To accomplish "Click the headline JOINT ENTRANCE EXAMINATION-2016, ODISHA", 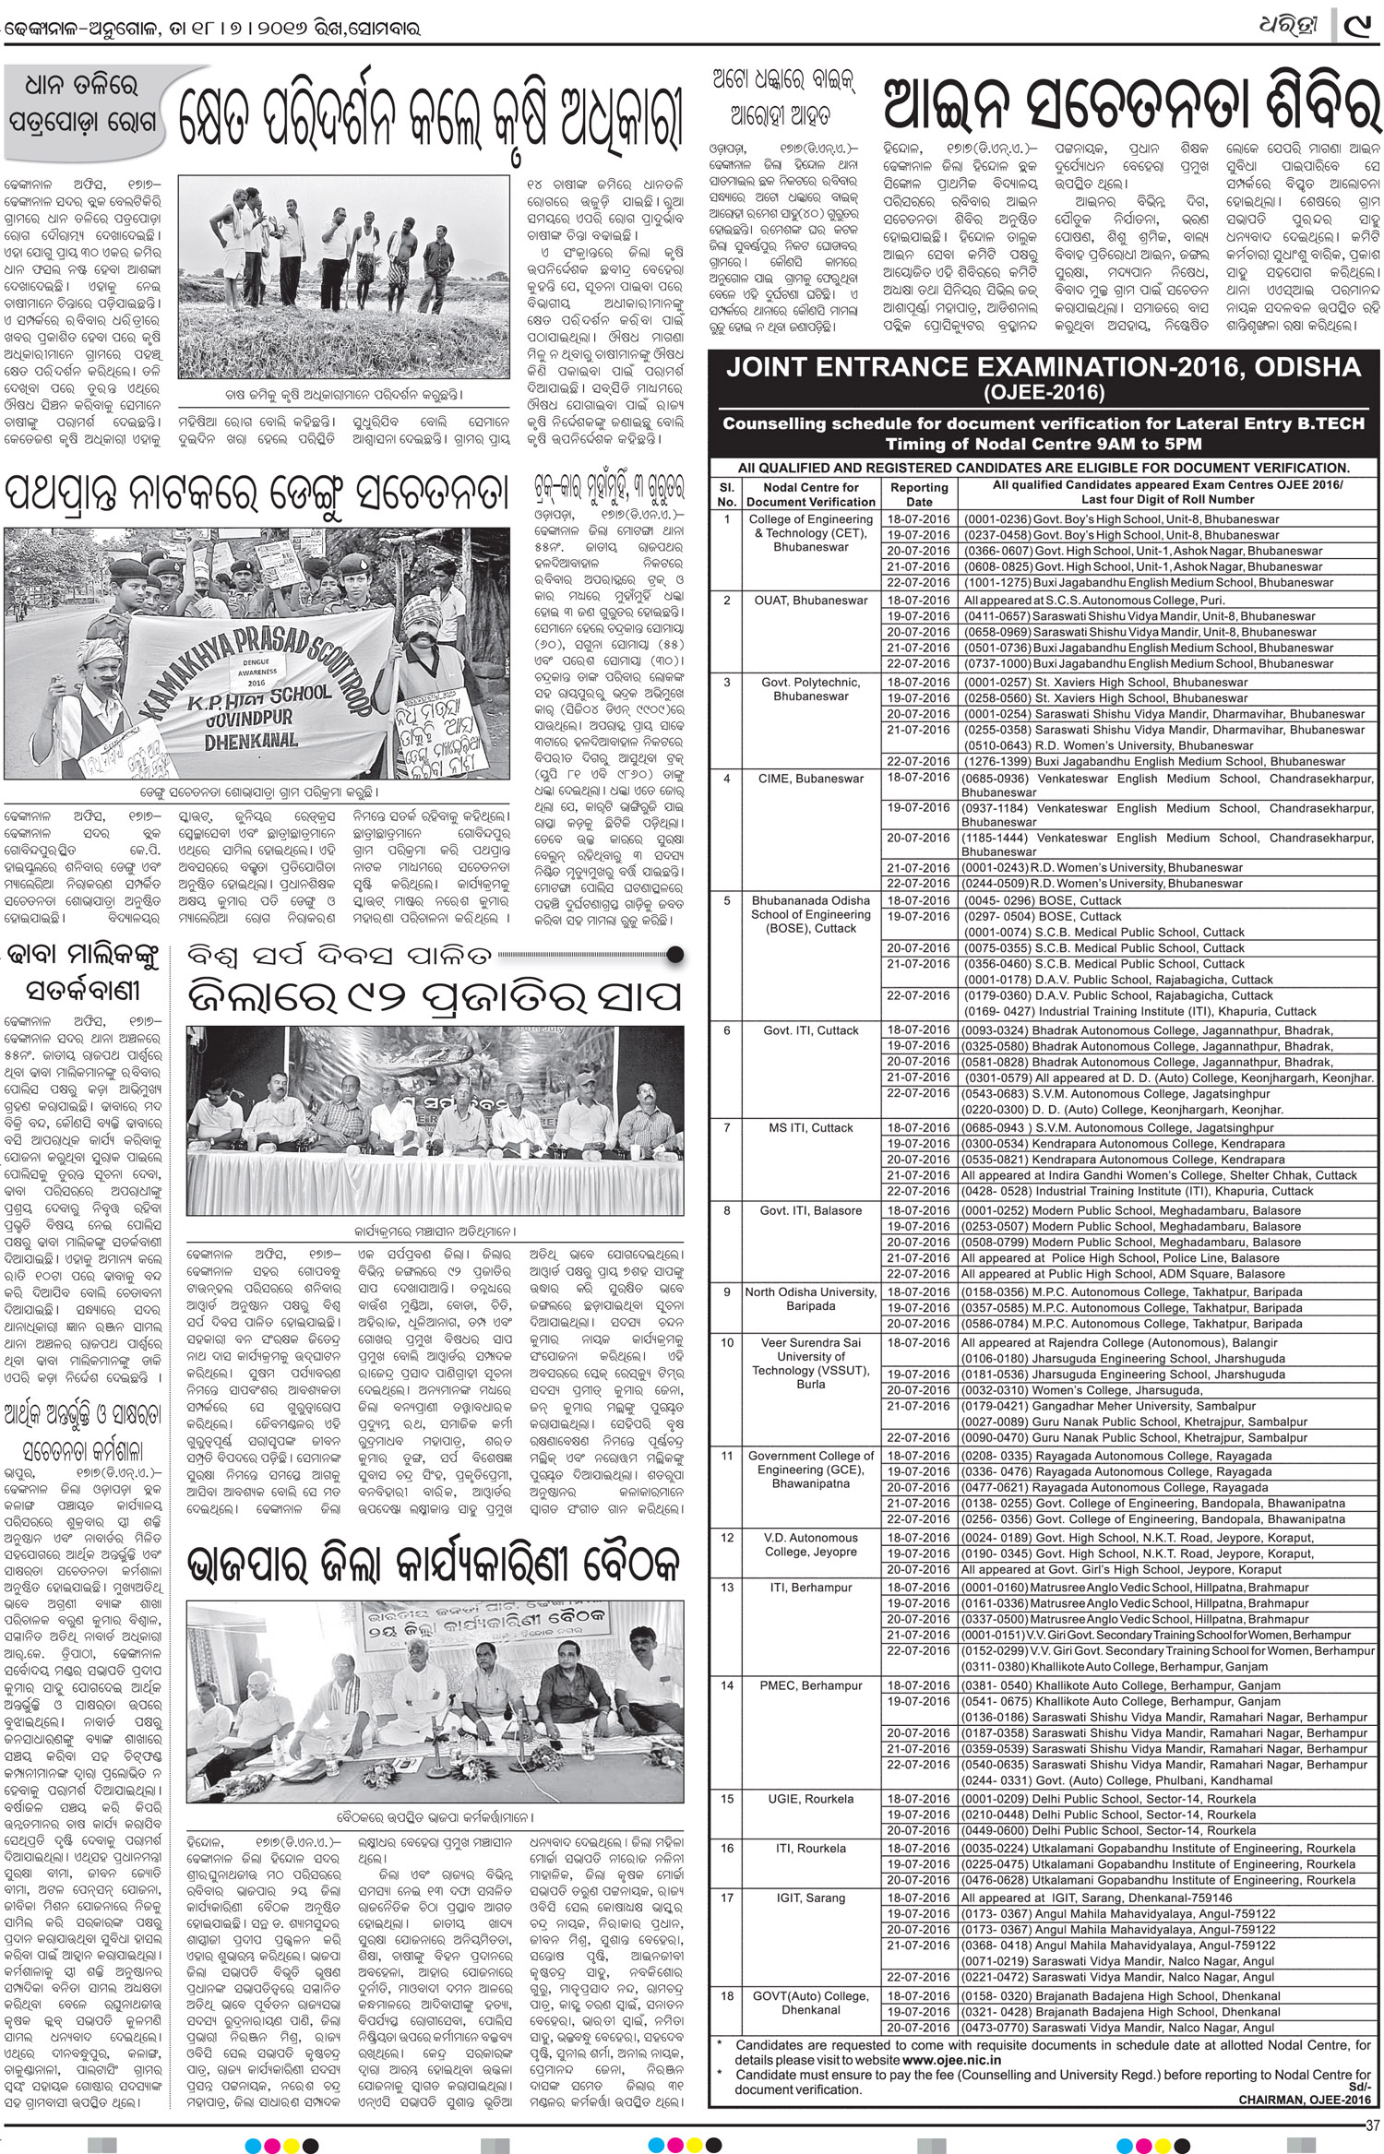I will [x=1043, y=367].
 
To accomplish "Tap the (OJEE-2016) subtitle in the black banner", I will [x=1043, y=392].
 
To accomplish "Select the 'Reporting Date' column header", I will [x=919, y=494].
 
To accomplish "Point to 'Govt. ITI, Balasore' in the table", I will [x=812, y=1210].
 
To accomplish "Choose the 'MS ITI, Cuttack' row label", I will [x=812, y=1127].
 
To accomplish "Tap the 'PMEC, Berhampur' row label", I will [x=811, y=1685].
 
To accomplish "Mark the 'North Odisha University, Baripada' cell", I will [x=811, y=1299].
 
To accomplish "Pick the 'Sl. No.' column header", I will [x=727, y=494].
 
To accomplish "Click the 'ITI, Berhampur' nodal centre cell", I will [x=811, y=1588].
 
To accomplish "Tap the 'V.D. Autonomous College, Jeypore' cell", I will [x=811, y=1544].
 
